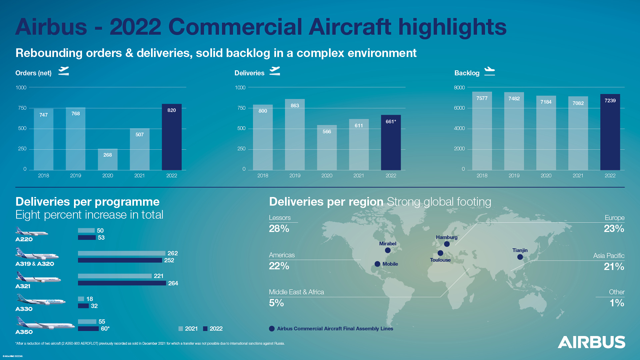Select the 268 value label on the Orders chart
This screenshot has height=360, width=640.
[x=107, y=155]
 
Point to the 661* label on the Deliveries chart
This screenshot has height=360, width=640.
[x=391, y=122]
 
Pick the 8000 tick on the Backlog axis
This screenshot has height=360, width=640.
[x=459, y=88]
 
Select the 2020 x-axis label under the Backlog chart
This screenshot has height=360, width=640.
[x=546, y=176]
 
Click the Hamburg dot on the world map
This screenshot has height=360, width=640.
[x=447, y=244]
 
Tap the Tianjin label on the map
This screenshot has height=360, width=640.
[x=520, y=250]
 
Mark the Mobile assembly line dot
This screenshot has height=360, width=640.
[x=377, y=264]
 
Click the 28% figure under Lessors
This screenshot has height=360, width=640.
[x=279, y=229]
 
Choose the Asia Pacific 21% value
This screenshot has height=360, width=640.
[x=614, y=266]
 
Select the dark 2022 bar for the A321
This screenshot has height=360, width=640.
[x=122, y=283]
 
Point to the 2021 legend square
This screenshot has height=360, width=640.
[x=181, y=329]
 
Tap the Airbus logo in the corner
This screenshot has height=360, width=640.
[x=591, y=342]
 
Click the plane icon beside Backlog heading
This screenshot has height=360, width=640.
[x=489, y=71]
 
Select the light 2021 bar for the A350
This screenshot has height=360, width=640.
[x=87, y=322]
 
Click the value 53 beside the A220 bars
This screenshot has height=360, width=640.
[x=101, y=238]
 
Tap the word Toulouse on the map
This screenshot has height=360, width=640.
[x=440, y=260]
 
